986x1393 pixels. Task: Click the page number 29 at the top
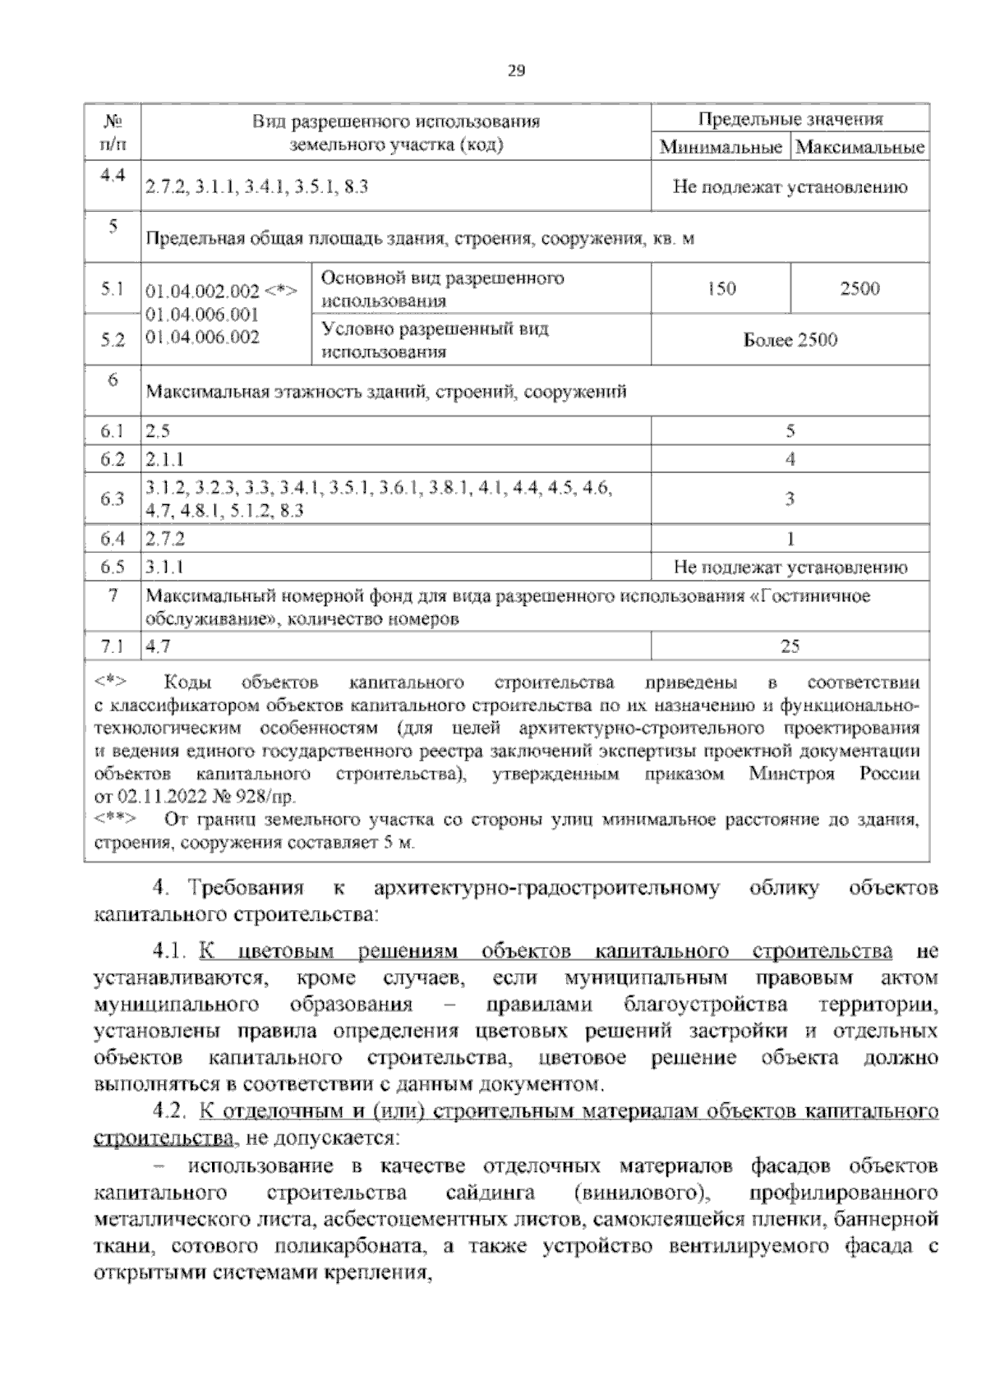[x=515, y=71]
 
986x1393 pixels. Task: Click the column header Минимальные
[x=720, y=148]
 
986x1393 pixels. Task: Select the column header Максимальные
[x=860, y=148]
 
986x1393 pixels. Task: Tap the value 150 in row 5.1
[x=721, y=289]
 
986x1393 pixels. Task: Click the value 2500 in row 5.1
[x=859, y=289]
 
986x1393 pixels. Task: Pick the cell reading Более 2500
[x=790, y=340]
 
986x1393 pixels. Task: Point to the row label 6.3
[x=112, y=499]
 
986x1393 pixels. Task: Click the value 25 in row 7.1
[x=790, y=646]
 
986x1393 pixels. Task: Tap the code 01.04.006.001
[x=202, y=315]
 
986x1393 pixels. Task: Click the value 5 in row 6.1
[x=790, y=431]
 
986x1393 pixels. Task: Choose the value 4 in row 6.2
[x=790, y=459]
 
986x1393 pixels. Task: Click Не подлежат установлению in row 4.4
[x=790, y=187]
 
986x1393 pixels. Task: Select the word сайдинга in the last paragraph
[x=491, y=1192]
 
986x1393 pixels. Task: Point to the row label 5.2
[x=112, y=340]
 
